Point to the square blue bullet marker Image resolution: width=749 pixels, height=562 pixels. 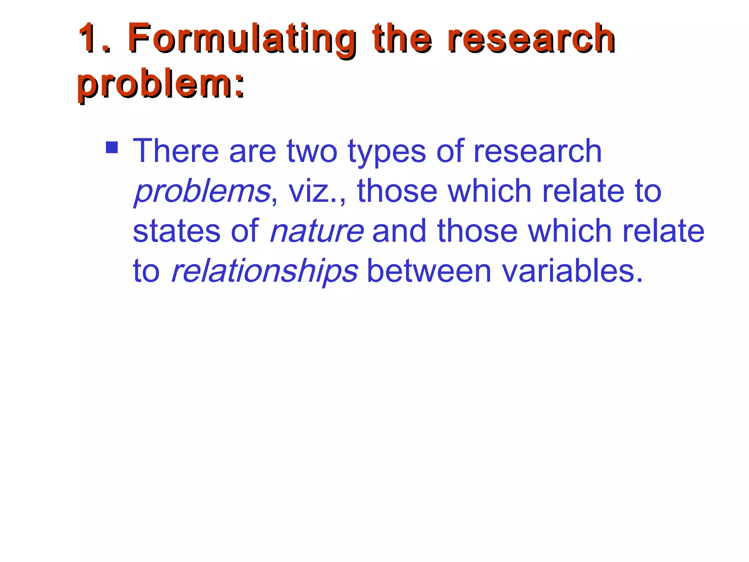tap(112, 147)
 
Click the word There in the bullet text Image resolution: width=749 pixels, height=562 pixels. tap(176, 151)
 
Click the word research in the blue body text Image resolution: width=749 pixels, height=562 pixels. tap(537, 151)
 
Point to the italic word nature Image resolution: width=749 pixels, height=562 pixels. tap(317, 231)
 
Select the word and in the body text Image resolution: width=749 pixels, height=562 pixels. tap(399, 231)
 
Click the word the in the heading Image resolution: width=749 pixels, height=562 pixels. tap(402, 38)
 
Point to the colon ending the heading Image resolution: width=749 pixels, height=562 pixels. tap(239, 86)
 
